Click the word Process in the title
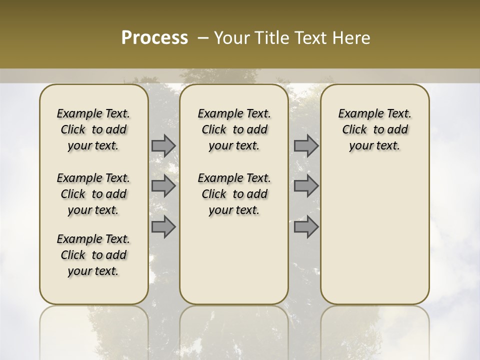(154, 38)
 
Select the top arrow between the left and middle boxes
(163, 145)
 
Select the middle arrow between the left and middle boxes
(163, 186)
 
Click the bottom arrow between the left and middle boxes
(163, 226)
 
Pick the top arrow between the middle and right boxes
(306, 145)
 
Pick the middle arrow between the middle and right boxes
(306, 186)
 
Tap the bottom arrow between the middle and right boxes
(306, 226)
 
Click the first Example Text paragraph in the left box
(93, 129)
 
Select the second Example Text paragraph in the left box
(93, 194)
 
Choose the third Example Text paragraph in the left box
(93, 255)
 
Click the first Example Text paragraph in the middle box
(234, 129)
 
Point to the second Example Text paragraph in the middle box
(234, 194)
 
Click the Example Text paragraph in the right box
(374, 129)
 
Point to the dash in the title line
(203, 38)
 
